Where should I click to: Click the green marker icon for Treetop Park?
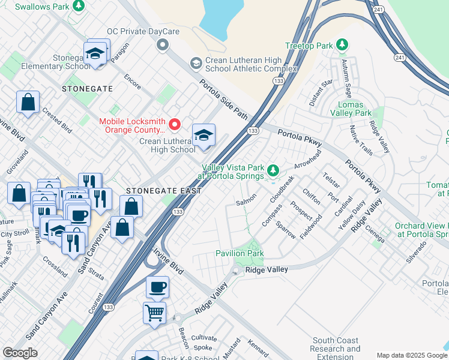(342, 46)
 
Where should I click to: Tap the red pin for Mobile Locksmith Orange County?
(175, 125)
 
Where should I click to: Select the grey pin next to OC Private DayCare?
(161, 45)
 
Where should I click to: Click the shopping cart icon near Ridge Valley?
(154, 311)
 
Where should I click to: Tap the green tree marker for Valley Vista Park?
(273, 172)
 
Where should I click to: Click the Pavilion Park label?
(240, 254)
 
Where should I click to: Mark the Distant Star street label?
(321, 93)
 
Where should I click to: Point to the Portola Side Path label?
(223, 98)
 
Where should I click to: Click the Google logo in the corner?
(20, 353)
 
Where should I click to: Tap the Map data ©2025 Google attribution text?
(412, 355)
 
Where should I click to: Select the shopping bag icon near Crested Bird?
(28, 102)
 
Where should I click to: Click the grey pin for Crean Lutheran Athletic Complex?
(196, 63)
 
